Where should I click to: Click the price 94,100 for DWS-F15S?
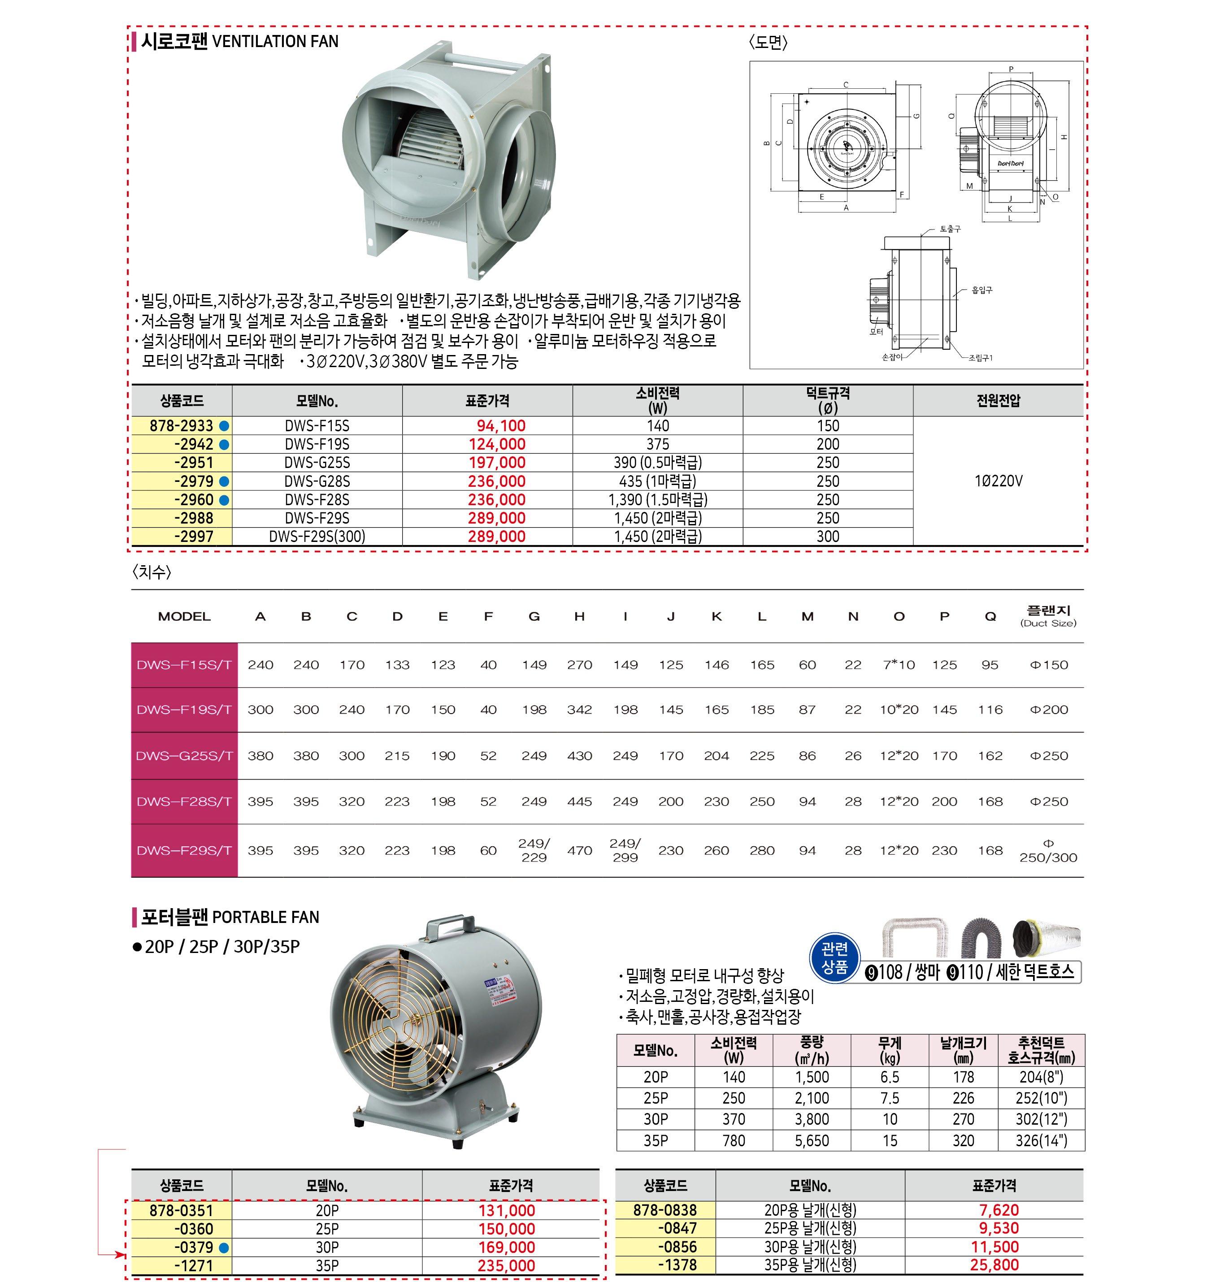[500, 426]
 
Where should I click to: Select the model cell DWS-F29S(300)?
[317, 537]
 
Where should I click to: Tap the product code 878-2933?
[182, 426]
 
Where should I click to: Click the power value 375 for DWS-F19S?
[657, 444]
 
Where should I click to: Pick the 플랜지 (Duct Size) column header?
[1048, 616]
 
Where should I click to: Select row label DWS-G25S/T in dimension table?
[184, 756]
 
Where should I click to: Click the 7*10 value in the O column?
[899, 665]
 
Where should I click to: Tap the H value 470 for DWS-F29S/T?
[579, 850]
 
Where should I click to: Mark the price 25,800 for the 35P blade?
[995, 1265]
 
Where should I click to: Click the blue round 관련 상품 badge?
[834, 958]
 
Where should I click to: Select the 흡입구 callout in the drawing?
[981, 290]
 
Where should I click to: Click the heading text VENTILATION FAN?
[275, 42]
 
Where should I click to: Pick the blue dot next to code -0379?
[224, 1247]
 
